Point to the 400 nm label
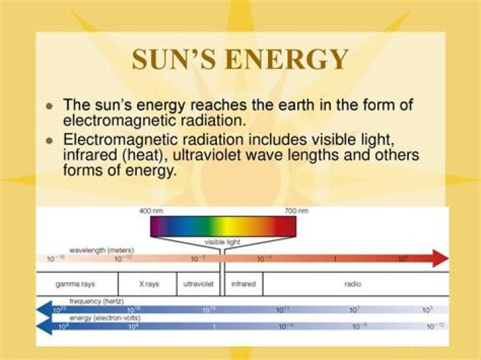(151, 211)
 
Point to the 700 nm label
(296, 211)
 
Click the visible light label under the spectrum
(223, 242)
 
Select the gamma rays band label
(75, 284)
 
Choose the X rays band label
(149, 284)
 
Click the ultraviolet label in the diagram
(198, 284)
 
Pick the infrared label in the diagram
(243, 284)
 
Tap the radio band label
(353, 284)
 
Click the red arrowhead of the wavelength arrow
(440, 258)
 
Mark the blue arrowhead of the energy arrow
(45, 326)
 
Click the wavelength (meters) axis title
(102, 250)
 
